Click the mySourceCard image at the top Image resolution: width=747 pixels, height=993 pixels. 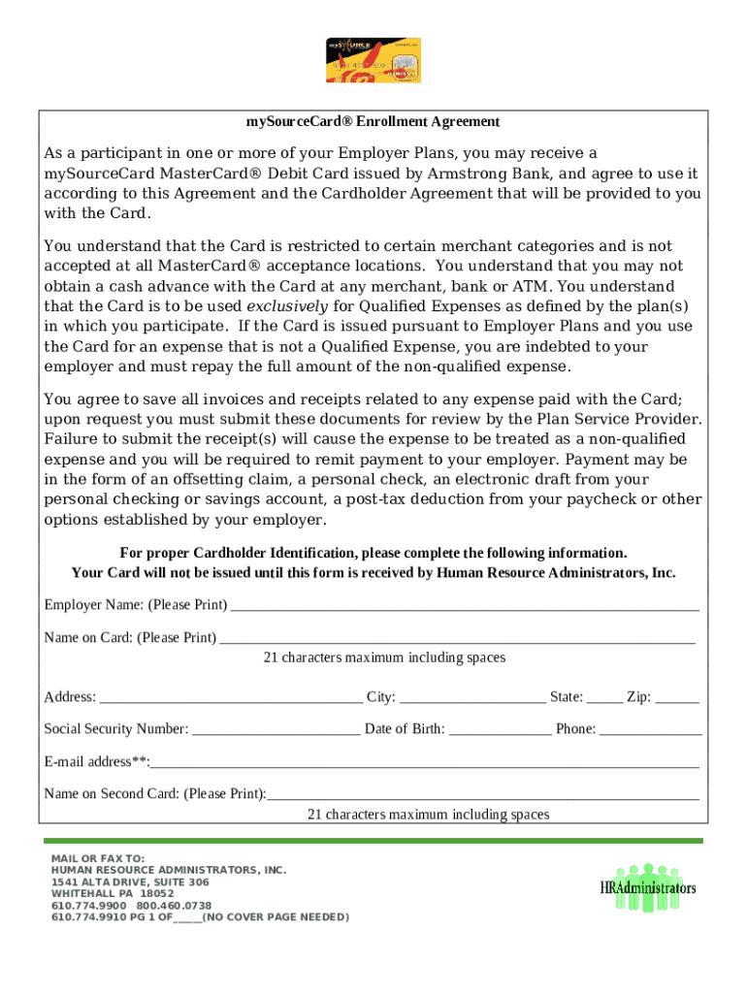point(372,61)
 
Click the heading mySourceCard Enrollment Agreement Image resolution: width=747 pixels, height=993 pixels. point(373,122)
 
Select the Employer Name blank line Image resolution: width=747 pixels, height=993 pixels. point(464,606)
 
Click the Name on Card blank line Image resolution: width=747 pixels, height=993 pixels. point(457,638)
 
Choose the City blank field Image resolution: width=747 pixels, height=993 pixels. point(472,697)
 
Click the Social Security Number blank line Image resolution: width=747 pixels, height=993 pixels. point(276,729)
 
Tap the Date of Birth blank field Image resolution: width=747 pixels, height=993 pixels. point(500,729)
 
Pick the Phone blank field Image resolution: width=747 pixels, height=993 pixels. point(650,729)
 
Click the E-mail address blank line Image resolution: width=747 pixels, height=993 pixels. point(425,762)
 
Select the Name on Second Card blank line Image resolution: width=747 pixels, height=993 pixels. point(482,794)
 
